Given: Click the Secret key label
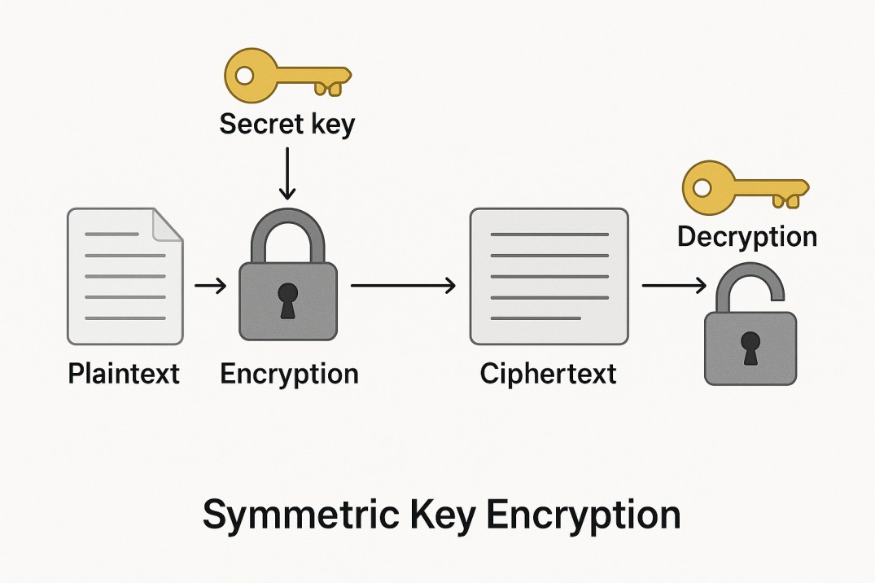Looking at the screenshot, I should (x=287, y=125).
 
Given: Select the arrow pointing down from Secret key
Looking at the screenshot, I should (x=287, y=172).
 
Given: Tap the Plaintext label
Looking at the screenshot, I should (x=124, y=374).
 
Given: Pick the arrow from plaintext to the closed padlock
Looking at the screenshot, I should (x=211, y=286).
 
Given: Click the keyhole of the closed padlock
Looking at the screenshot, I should (x=287, y=300).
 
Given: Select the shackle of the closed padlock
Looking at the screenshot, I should (x=287, y=232).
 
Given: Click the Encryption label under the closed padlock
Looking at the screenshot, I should (x=289, y=374).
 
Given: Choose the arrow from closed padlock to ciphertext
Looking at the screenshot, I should (x=402, y=286).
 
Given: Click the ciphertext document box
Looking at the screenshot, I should (x=549, y=275).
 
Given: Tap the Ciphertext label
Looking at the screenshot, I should (x=548, y=374).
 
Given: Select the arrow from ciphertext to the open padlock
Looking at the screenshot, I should (x=673, y=286).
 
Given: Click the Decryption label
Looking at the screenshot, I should (x=746, y=237).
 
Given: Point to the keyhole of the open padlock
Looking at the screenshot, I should (x=750, y=347).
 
